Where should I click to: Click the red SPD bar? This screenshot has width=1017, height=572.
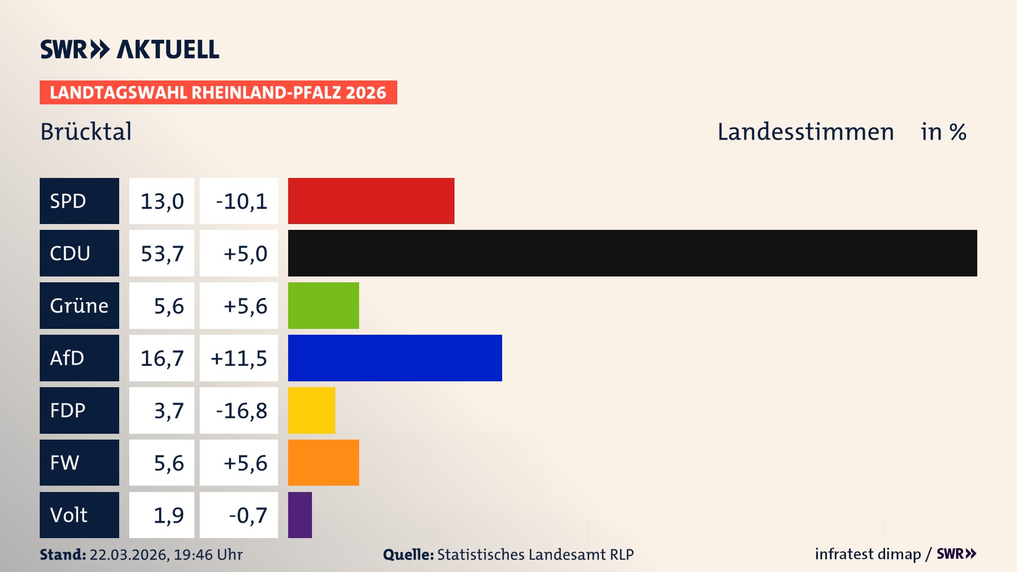click(371, 201)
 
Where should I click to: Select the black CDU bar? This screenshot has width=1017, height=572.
click(632, 253)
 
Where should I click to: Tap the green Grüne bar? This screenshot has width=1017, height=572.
click(323, 306)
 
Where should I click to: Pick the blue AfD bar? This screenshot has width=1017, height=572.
click(395, 358)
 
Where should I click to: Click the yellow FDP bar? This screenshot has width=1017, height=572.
click(311, 410)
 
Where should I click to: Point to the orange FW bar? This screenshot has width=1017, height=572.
click(323, 463)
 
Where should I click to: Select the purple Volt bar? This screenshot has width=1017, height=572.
click(300, 515)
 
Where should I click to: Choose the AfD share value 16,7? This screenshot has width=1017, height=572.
click(162, 359)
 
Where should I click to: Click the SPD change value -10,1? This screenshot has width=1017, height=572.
click(241, 201)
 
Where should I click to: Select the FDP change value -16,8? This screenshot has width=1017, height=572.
click(241, 411)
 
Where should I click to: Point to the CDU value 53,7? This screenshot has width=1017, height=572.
click(162, 254)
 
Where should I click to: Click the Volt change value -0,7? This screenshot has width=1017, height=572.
click(247, 515)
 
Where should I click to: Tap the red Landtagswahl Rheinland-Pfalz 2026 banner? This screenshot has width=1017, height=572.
click(218, 93)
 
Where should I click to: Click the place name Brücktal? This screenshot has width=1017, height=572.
click(86, 131)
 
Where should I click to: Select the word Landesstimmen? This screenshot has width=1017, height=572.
click(805, 132)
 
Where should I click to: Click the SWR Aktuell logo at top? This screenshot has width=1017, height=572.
click(130, 49)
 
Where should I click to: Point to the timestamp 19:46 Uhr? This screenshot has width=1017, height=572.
click(208, 555)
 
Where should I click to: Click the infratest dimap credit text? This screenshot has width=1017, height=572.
click(868, 554)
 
